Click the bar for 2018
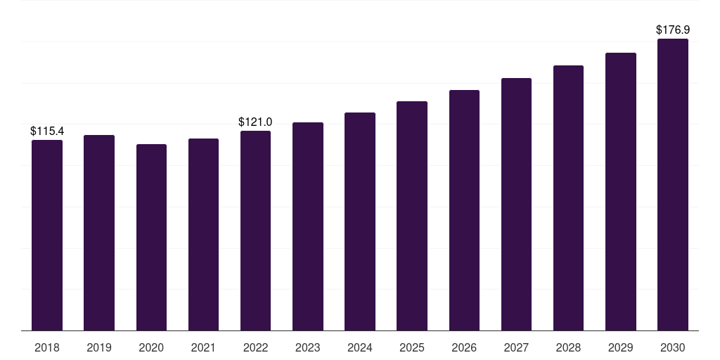pos(47,235)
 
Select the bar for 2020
pos(151,237)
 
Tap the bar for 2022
pos(255,231)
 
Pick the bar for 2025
pos(412,216)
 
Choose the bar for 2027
pos(516,204)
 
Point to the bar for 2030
pos(673,184)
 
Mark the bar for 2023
pos(308,226)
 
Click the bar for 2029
pos(621,191)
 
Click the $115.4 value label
pos(47,131)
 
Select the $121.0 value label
pos(255,122)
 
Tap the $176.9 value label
pos(673,30)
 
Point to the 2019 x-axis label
pos(99,347)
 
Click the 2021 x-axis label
pos(203,347)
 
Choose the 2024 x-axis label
pos(360,347)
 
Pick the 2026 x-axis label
pos(464,347)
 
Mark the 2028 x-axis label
pos(568,347)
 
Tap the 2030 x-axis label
pos(673,347)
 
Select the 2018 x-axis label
pos(47,347)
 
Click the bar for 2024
pos(360,221)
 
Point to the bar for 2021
pos(203,234)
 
